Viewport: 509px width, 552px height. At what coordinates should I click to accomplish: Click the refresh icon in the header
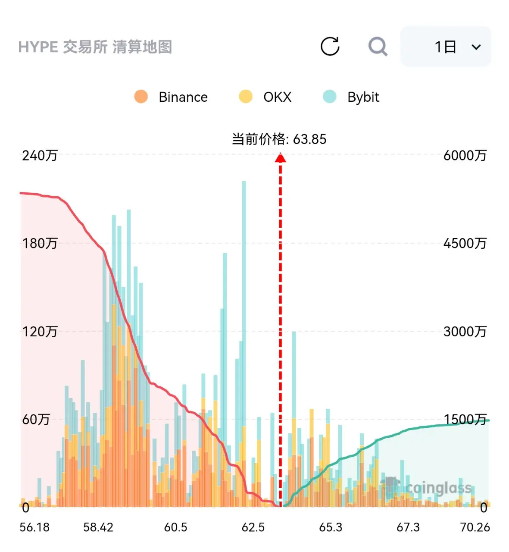(x=330, y=46)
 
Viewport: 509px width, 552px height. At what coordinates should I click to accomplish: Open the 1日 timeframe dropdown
(x=445, y=47)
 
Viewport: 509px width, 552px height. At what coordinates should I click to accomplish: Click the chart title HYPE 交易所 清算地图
(x=95, y=47)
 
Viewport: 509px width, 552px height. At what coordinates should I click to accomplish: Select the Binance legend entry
(x=171, y=97)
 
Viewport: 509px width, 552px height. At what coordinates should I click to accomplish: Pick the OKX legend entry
(x=265, y=97)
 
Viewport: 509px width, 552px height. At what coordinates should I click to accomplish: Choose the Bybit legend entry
(x=351, y=97)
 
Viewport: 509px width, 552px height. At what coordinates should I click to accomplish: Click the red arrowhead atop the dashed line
(x=280, y=157)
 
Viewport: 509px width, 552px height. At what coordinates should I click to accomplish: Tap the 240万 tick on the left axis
(x=40, y=155)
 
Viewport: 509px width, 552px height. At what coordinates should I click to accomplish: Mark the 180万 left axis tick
(x=40, y=243)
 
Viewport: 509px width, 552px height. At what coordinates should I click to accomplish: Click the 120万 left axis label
(x=40, y=332)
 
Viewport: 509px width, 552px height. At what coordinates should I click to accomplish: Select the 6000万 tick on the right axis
(x=465, y=155)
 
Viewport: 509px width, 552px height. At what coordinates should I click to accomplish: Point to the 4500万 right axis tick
(x=465, y=243)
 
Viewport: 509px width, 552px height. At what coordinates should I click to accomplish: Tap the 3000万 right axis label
(x=465, y=332)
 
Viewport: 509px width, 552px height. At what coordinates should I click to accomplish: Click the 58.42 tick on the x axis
(x=98, y=527)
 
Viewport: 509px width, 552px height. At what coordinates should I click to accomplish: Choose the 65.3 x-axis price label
(x=330, y=527)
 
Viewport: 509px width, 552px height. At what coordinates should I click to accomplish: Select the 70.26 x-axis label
(x=475, y=527)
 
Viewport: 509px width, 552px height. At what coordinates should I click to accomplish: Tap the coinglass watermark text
(x=438, y=488)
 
